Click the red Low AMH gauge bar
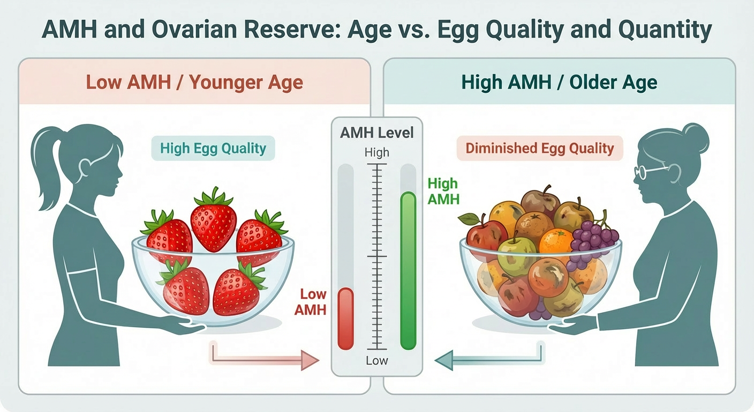[346, 319]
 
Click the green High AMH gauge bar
[408, 271]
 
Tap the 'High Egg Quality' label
[213, 148]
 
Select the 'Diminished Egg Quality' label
[540, 148]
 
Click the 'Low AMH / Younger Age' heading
[194, 83]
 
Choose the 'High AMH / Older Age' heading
[559, 83]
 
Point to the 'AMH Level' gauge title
[377, 132]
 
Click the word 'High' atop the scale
[377, 153]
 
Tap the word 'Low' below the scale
[377, 360]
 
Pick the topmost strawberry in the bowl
[213, 219]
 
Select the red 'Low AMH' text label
[313, 301]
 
